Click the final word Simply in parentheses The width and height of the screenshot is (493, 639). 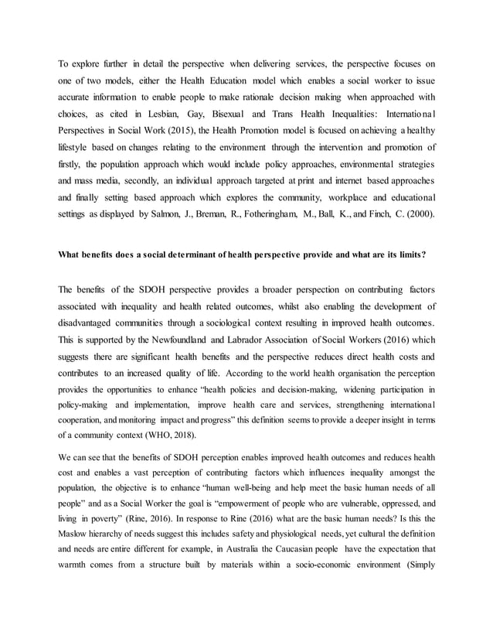point(418,568)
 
